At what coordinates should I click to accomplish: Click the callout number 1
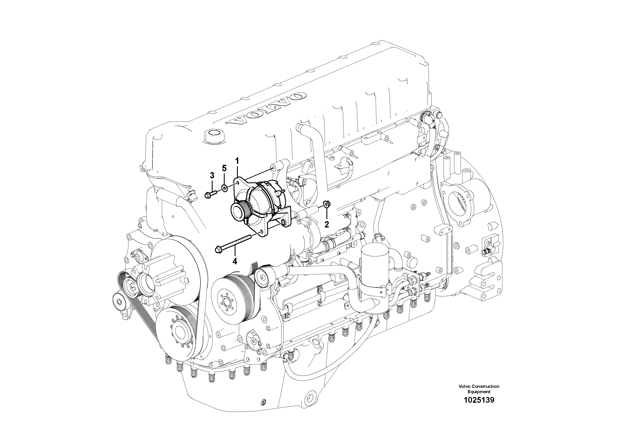(x=237, y=161)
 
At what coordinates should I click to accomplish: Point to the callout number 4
(x=234, y=261)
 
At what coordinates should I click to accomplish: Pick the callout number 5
(x=224, y=168)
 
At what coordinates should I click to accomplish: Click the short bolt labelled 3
(x=211, y=194)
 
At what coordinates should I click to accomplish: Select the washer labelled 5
(x=224, y=188)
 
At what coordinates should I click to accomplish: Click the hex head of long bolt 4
(x=219, y=250)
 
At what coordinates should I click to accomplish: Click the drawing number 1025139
(x=479, y=400)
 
